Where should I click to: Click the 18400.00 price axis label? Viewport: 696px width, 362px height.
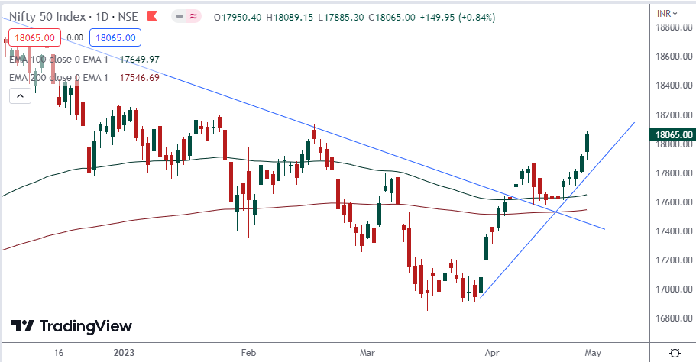[673, 86]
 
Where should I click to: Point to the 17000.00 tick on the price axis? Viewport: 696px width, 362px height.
[673, 289]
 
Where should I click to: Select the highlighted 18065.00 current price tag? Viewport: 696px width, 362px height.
[673, 135]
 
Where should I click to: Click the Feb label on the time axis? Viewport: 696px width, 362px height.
[248, 353]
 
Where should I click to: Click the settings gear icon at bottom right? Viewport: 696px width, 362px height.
[675, 353]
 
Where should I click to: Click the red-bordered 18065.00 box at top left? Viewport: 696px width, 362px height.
[34, 37]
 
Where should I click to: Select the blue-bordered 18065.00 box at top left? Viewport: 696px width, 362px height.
[113, 37]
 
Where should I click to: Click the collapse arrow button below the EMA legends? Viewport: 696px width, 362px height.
[18, 95]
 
